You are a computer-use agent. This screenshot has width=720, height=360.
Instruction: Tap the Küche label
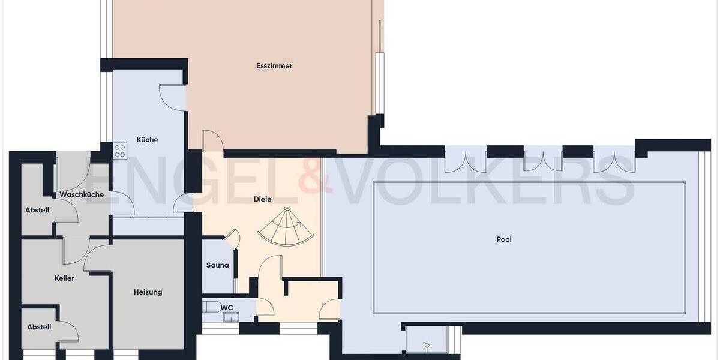pyautogui.click(x=147, y=140)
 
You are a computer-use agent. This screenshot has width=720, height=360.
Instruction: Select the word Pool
pyautogui.click(x=504, y=239)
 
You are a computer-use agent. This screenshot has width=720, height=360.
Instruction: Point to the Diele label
pyautogui.click(x=263, y=199)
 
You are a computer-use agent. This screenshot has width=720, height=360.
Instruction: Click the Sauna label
pyautogui.click(x=217, y=265)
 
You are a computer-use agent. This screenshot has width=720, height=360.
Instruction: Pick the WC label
pyautogui.click(x=227, y=308)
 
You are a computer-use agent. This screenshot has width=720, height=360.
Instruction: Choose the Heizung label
pyautogui.click(x=148, y=292)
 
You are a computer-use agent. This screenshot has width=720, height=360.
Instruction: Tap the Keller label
pyautogui.click(x=64, y=278)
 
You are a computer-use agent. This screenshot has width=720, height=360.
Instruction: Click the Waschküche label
pyautogui.click(x=82, y=194)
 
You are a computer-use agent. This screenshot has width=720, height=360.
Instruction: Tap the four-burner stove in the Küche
pyautogui.click(x=120, y=150)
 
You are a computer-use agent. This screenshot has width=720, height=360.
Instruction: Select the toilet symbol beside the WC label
pyautogui.click(x=211, y=307)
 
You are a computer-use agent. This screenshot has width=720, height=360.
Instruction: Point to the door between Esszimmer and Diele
pyautogui.click(x=212, y=142)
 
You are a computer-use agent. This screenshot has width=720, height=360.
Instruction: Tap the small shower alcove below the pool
pyautogui.click(x=427, y=340)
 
